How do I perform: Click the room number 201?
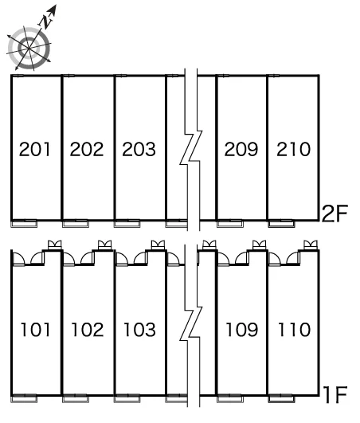coord(35,149)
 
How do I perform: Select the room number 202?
coord(87,149)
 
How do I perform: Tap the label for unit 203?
coord(139,149)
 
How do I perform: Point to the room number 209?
coord(241,149)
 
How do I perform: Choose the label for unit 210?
coord(293,149)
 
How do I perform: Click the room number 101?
coord(35,330)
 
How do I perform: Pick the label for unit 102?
coord(88,330)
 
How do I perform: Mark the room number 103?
coord(139,330)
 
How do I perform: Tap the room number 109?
coord(242,330)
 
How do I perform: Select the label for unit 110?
coord(294,330)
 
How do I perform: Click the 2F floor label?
coord(335,213)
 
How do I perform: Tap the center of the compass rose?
coord(29,49)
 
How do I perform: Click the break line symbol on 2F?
coord(191,150)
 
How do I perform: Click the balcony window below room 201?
coord(24,223)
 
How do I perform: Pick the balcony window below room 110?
coord(281,398)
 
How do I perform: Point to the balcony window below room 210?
coord(281,223)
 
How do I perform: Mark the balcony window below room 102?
coord(76,398)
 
